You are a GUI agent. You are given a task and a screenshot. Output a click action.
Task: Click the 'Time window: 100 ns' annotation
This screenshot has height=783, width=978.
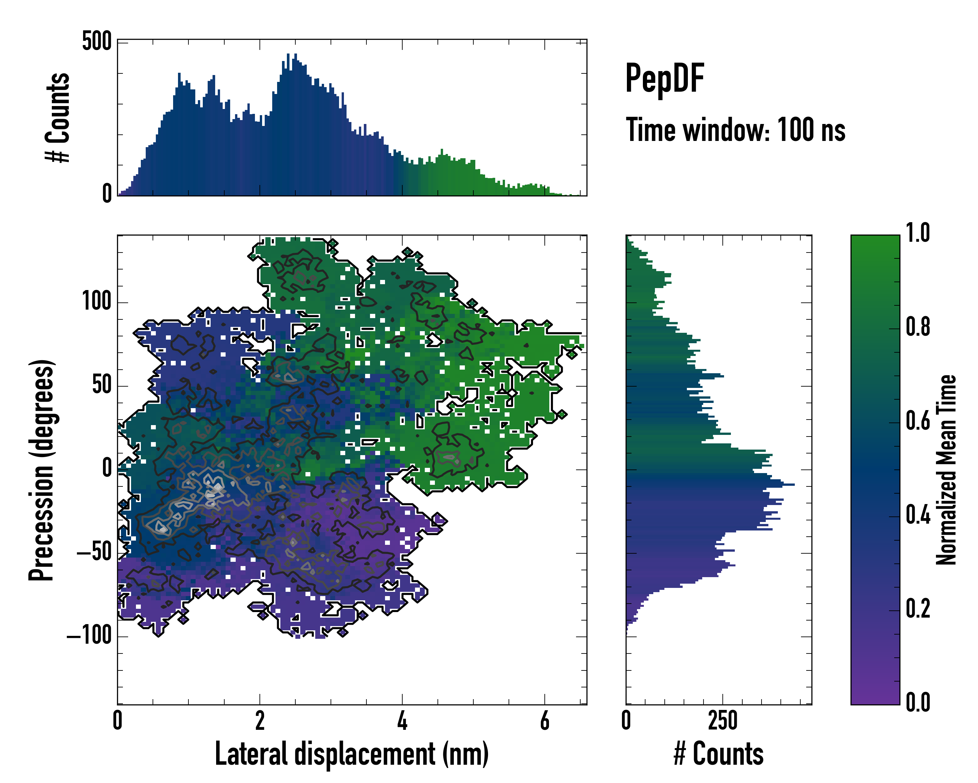[x=735, y=130]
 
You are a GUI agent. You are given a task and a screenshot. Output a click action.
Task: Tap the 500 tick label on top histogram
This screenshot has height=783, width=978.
[x=96, y=42]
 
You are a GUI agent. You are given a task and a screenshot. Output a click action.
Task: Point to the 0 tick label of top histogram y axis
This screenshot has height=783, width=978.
[x=107, y=194]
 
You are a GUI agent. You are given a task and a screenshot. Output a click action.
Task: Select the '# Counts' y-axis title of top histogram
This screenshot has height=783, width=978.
[x=58, y=117]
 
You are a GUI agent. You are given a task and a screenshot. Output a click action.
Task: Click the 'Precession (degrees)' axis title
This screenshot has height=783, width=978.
[x=42, y=470]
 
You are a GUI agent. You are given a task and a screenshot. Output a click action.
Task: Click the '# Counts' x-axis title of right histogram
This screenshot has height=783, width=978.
[x=719, y=754]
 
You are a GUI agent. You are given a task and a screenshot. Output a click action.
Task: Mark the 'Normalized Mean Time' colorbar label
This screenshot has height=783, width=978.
[x=946, y=470]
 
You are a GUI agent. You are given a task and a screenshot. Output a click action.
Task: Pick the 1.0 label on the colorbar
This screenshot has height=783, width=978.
[x=918, y=233]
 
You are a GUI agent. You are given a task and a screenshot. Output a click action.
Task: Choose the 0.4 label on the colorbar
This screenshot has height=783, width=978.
[x=918, y=515]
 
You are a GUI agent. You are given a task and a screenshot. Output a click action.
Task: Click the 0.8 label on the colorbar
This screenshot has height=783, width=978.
[x=918, y=327]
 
